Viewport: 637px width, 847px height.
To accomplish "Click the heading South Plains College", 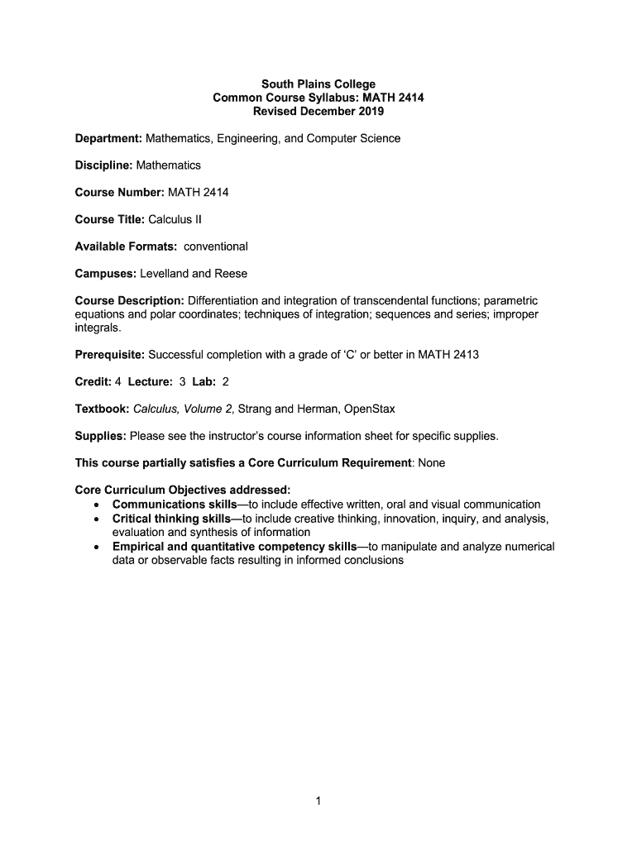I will coord(318,84).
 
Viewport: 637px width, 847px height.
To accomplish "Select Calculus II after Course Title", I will coord(175,219).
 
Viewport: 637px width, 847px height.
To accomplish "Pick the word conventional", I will coord(215,246).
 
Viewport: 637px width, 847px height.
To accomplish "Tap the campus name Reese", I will coord(231,273).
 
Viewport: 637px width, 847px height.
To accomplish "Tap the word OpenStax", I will coord(366,409).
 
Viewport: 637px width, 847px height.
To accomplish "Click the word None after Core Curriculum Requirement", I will coord(431,462).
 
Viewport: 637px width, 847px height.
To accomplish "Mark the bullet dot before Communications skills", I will coord(98,505).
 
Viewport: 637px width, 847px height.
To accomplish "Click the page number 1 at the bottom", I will coord(318,801).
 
